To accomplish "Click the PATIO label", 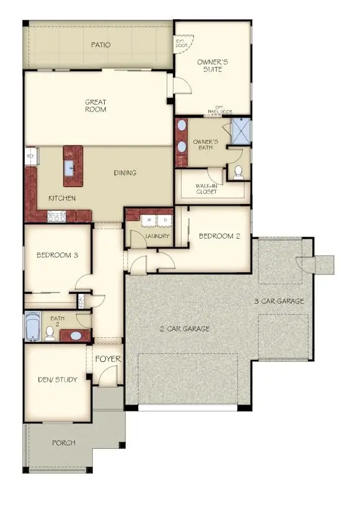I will point(101,45).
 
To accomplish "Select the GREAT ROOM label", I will point(96,105).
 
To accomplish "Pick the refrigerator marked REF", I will point(30,157).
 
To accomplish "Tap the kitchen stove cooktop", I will point(57,216).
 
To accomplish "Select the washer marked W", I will point(149,220).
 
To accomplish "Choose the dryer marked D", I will point(165,220).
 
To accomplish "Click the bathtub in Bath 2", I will point(32,327).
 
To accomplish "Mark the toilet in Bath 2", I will point(50,333).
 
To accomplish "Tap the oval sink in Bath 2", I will point(76,336).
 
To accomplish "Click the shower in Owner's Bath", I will point(240,131).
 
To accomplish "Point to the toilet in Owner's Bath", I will point(238,171).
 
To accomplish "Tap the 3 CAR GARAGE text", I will point(279,301).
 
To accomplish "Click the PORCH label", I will point(64,443).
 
